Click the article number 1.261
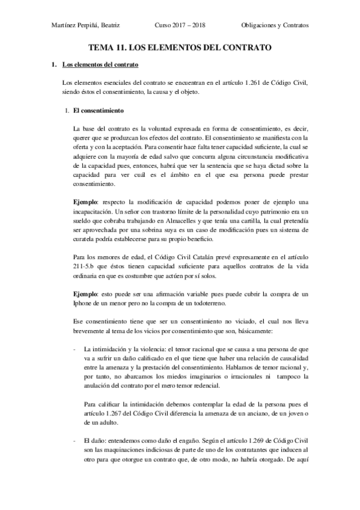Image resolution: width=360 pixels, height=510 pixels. [258, 82]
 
